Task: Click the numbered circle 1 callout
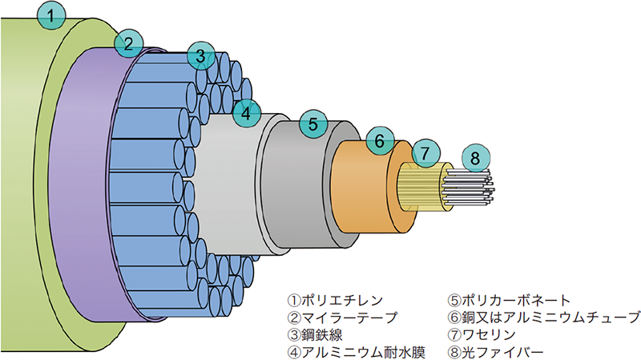pos(52,15)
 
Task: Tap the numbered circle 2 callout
pos(127,44)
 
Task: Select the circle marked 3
pos(200,57)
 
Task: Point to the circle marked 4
pos(247,113)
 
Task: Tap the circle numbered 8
pos(475,158)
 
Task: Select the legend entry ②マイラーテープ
pos(343,318)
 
